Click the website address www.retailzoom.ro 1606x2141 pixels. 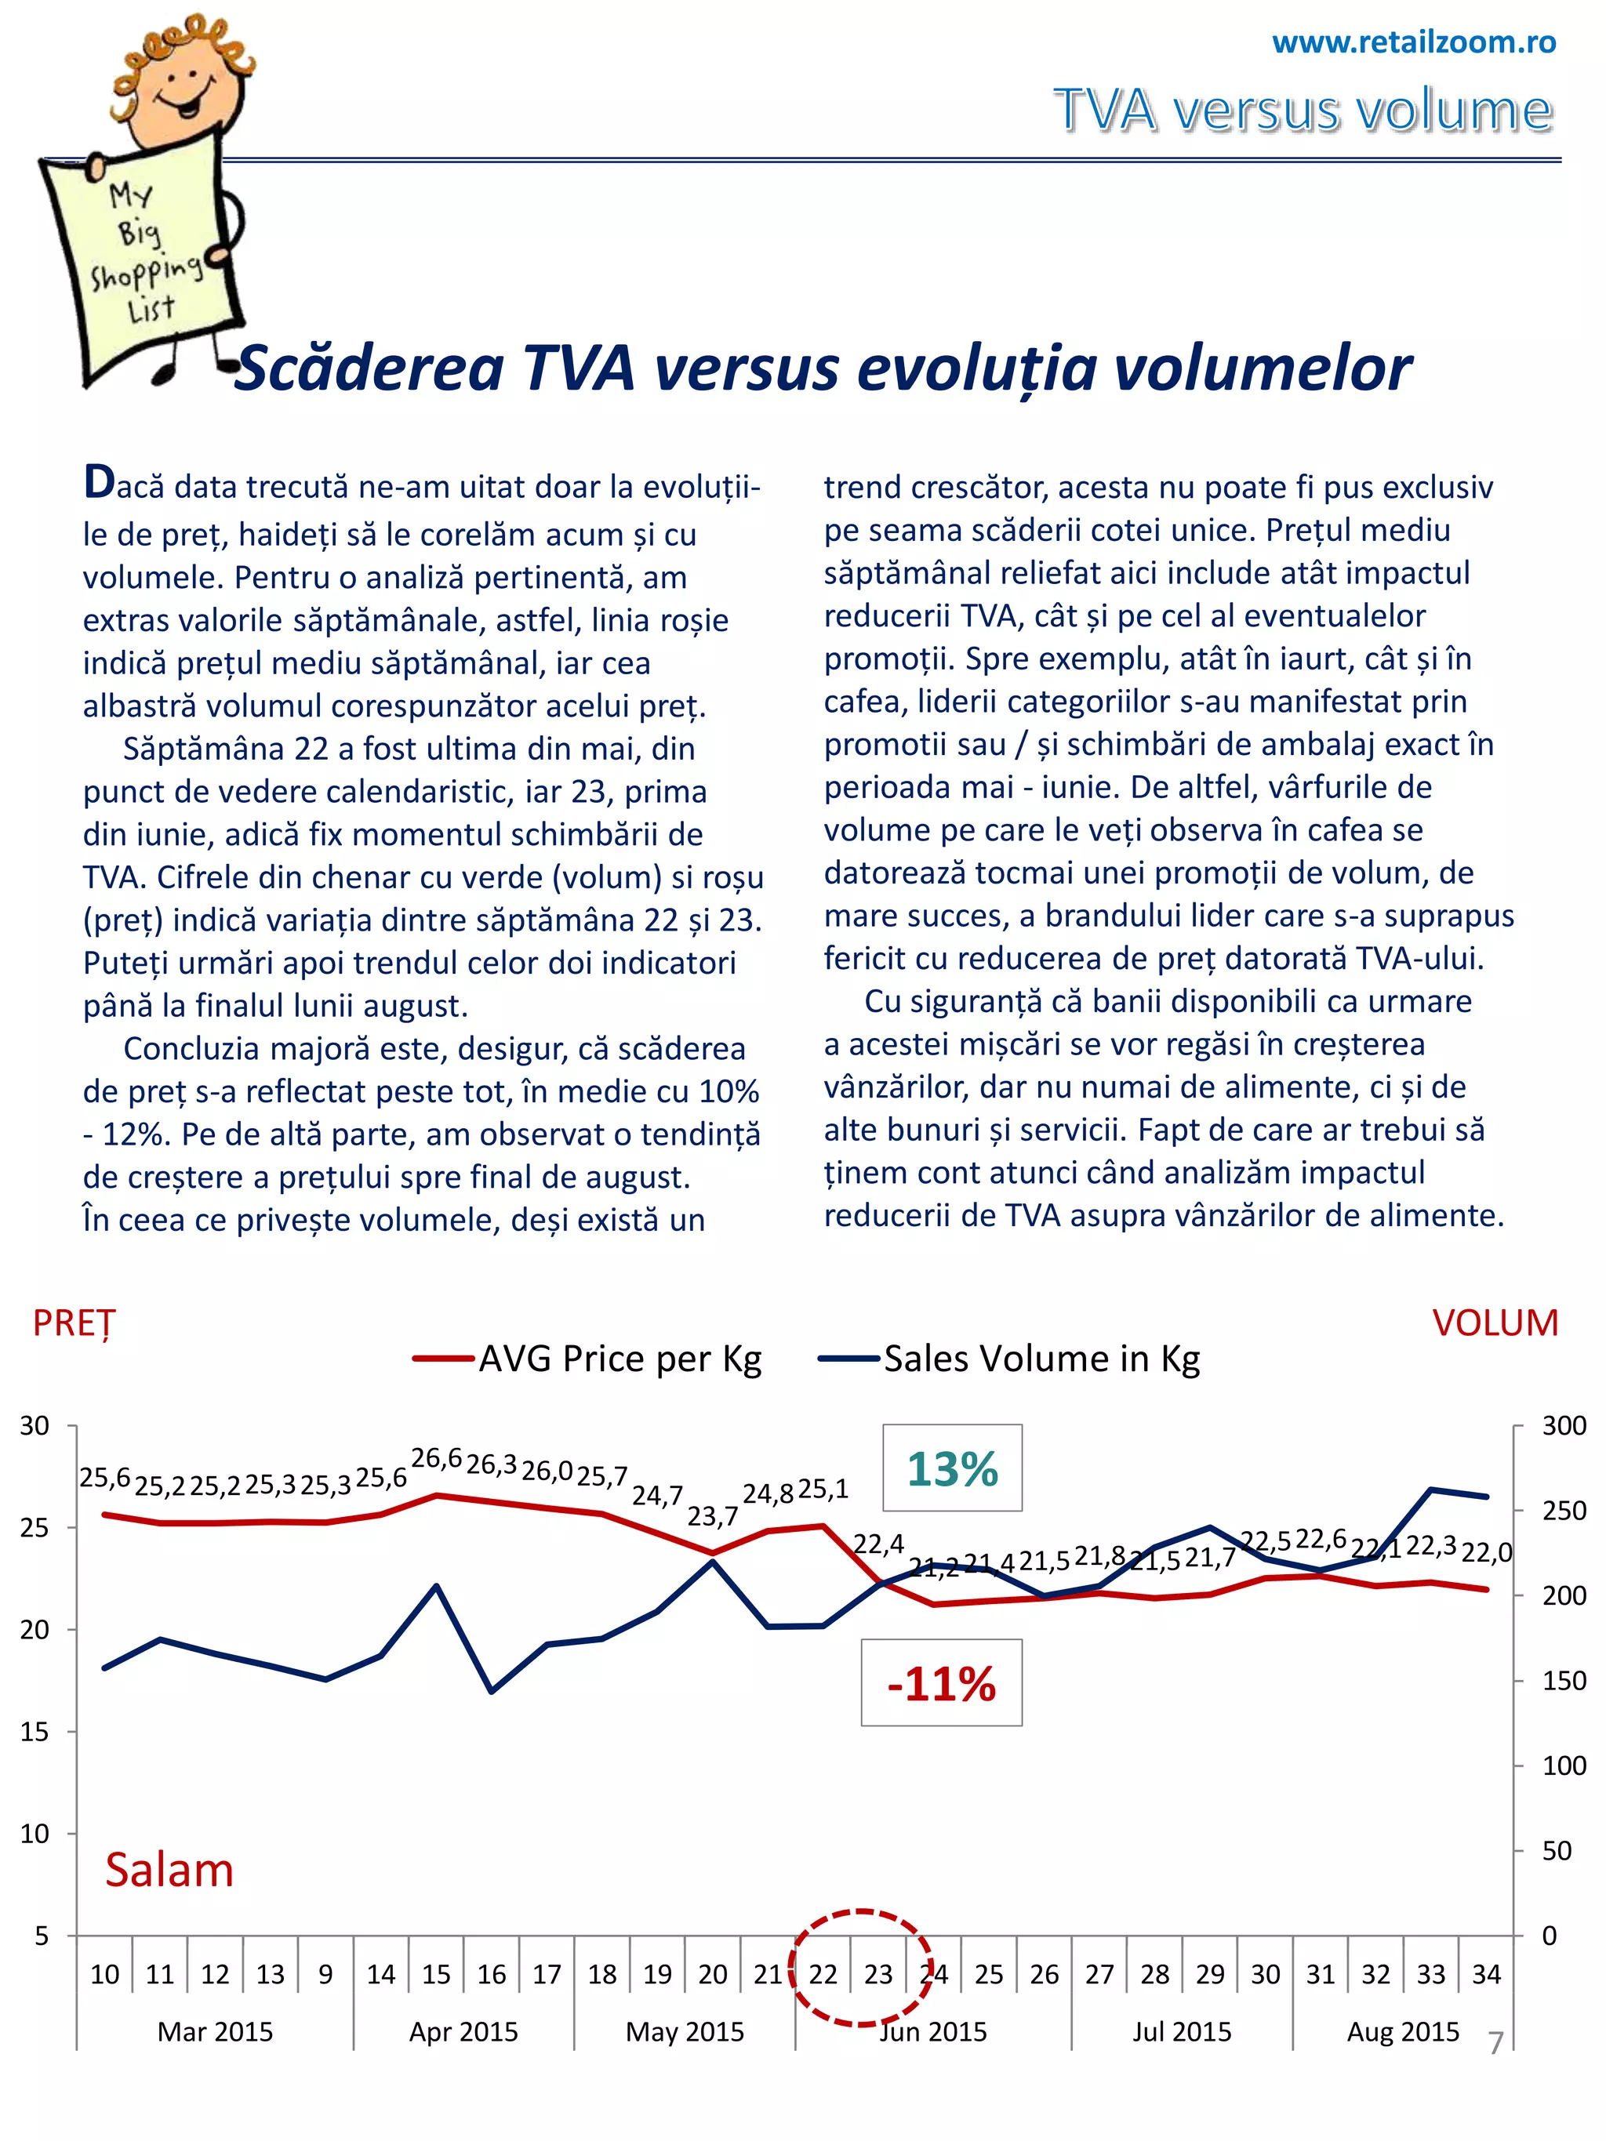tap(1413, 42)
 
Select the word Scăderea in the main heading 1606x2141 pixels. tap(369, 368)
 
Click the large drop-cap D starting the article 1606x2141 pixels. tap(99, 483)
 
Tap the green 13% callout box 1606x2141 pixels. tap(951, 1468)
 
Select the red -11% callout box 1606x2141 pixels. tap(941, 1684)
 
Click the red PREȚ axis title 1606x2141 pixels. tap(74, 1323)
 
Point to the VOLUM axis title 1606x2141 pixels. tap(1495, 1323)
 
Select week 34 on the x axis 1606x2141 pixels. tap(1486, 1973)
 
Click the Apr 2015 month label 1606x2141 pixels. tap(463, 2030)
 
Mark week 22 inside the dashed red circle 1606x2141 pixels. tap(823, 1973)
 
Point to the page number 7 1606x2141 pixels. tap(1495, 2042)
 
